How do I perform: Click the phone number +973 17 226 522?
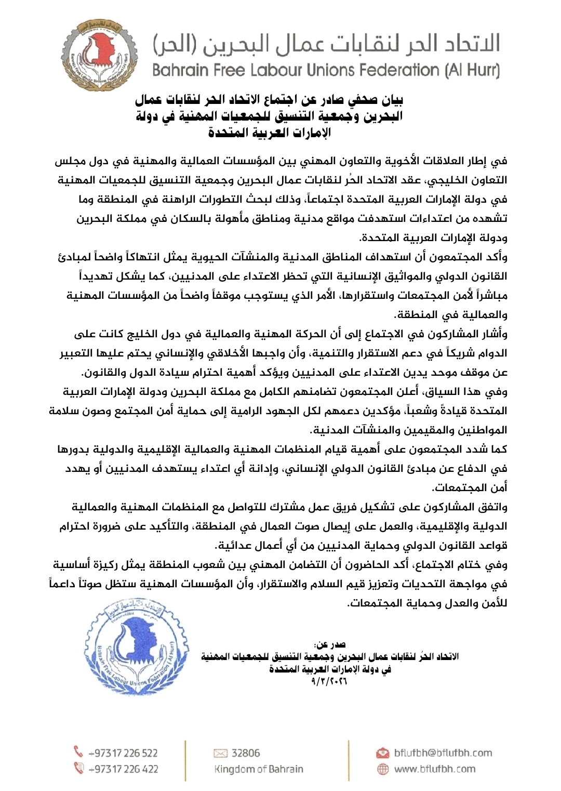pos(123,753)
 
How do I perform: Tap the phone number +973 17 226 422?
pos(123,769)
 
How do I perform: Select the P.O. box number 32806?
pos(246,753)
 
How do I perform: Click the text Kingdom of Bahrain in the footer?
pos(259,769)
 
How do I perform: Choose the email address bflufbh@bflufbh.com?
pos(443,753)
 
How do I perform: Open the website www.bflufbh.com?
pos(435,769)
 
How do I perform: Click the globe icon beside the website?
pos(383,769)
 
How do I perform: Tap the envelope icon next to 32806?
pos(221,753)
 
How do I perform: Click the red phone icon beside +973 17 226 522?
pos(78,752)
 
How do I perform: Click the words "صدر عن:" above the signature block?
pos(330,645)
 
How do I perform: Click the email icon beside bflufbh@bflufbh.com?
pos(383,753)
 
